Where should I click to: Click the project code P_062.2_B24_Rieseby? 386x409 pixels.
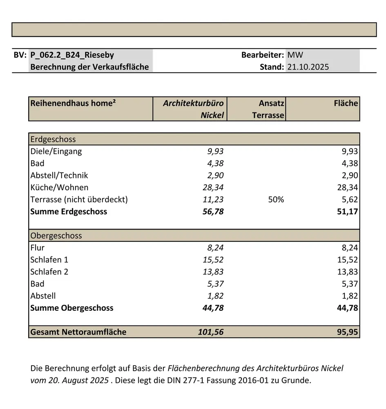(72, 55)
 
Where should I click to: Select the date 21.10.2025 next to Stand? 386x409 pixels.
(308, 67)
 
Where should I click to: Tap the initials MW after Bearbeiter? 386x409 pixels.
(295, 55)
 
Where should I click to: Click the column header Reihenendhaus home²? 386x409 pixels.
(73, 103)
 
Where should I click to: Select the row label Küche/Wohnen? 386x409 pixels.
(59, 187)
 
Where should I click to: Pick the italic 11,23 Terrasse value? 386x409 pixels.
(213, 200)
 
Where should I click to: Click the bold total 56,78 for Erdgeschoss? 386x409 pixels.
(213, 211)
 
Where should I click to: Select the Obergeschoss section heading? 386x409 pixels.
(56, 236)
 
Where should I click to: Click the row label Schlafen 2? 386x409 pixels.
(49, 272)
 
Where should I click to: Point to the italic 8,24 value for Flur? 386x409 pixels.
(215, 247)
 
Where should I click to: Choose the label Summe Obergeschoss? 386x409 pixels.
(71, 308)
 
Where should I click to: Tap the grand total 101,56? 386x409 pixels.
(211, 332)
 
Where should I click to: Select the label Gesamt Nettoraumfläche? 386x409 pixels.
(78, 332)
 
